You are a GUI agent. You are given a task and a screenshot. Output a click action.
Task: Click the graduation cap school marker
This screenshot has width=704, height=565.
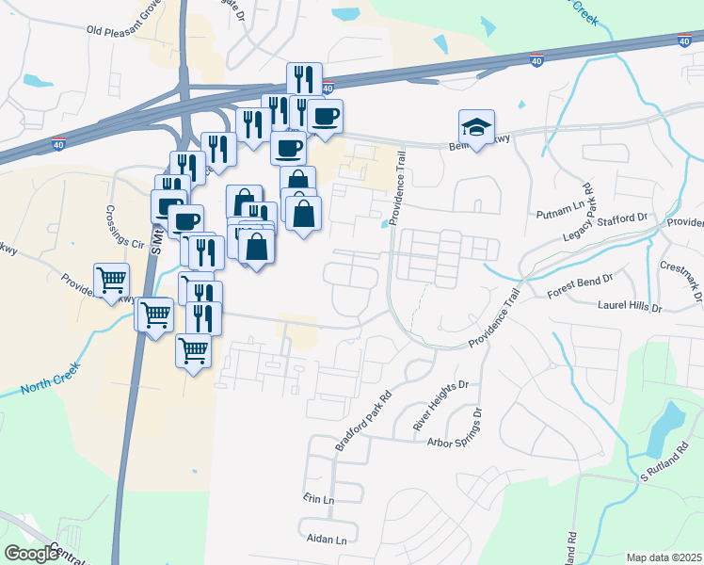pyautogui.click(x=477, y=127)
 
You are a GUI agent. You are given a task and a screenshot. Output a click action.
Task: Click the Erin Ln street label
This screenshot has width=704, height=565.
pyautogui.click(x=319, y=497)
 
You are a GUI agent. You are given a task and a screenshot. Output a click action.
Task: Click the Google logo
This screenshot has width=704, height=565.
pyautogui.click(x=32, y=553)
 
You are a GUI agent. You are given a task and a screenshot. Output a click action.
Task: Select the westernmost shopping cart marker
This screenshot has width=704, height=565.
pyautogui.click(x=111, y=280)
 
